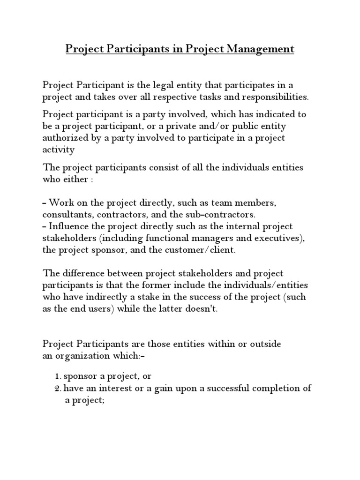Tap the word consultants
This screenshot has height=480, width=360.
66,215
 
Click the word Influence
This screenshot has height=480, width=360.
69,227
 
